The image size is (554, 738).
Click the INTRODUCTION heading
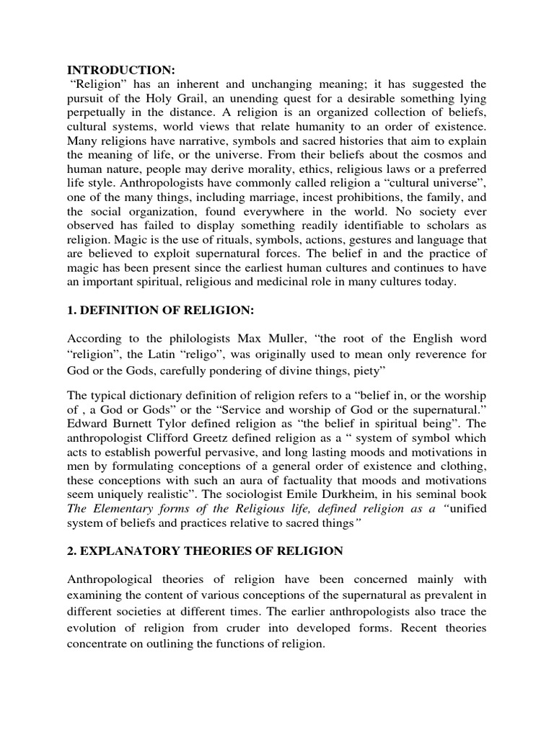point(121,70)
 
